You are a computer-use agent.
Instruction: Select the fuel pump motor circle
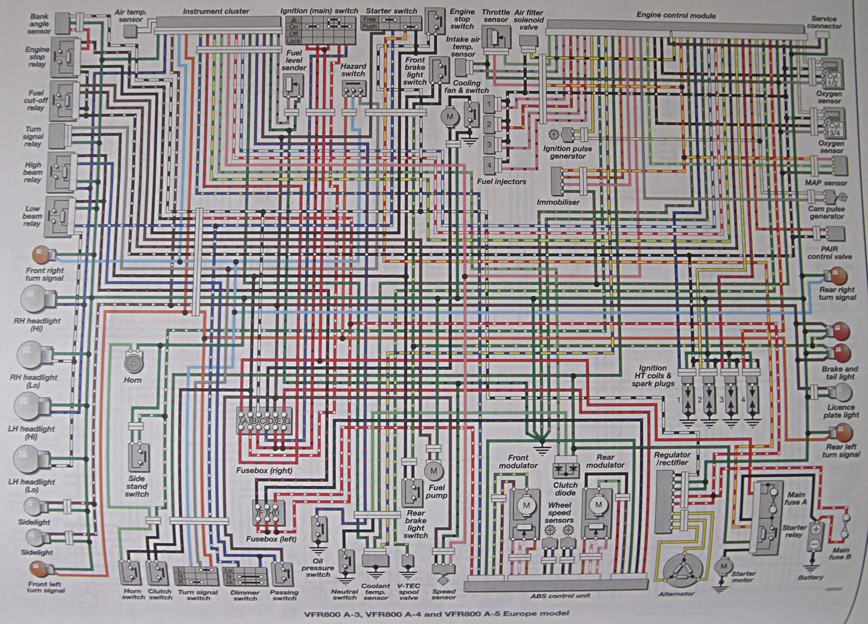pyautogui.click(x=434, y=471)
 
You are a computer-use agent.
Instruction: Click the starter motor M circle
pyautogui.click(x=723, y=566)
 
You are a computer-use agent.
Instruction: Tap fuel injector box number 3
pyautogui.click(x=489, y=144)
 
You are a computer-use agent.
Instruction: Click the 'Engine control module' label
pyautogui.click(x=676, y=15)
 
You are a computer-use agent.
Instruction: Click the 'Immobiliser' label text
pyautogui.click(x=558, y=202)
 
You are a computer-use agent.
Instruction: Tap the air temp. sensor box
pyautogui.click(x=131, y=32)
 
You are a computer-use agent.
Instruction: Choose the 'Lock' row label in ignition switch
pyautogui.click(x=294, y=41)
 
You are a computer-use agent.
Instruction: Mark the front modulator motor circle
pyautogui.click(x=526, y=505)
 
